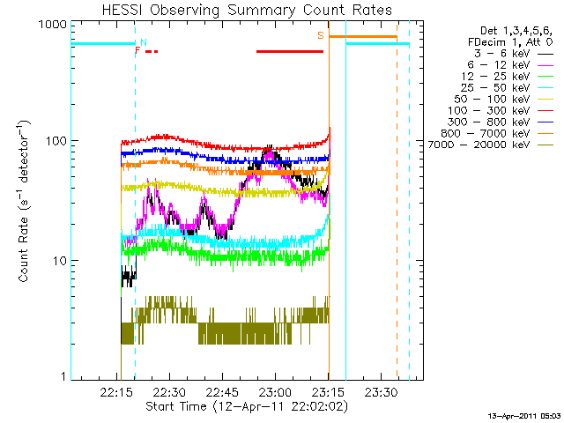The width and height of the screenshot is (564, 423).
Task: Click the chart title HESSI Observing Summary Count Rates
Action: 246,10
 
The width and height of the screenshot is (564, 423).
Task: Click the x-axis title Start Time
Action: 246,406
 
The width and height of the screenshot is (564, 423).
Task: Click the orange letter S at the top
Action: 321,35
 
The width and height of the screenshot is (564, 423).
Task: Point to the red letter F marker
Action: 137,51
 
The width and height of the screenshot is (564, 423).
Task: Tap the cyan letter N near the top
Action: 144,41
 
